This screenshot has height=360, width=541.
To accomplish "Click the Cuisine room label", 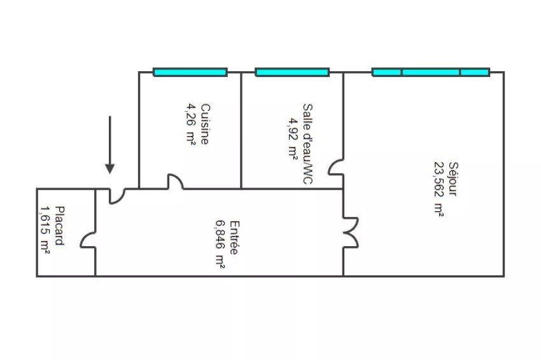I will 204,124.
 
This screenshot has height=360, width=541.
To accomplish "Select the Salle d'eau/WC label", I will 307,144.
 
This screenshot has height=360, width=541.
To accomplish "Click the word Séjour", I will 453,179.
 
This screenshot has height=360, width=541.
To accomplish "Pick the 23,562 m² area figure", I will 439,188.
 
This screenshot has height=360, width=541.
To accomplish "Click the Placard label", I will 59,226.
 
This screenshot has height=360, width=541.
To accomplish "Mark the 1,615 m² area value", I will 45,229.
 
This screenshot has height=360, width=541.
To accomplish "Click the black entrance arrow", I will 110,145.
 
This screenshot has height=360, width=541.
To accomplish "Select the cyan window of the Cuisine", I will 190,72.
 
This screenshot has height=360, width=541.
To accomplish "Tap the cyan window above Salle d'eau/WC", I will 292,72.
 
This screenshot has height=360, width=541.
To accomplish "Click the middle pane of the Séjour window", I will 430,72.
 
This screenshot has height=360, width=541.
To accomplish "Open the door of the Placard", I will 88,240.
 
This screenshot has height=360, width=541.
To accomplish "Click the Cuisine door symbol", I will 175,183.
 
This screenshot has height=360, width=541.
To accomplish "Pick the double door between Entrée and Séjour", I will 349,232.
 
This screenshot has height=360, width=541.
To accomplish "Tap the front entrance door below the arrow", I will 116,195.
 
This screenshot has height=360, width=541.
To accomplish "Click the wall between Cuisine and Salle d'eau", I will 241,130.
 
